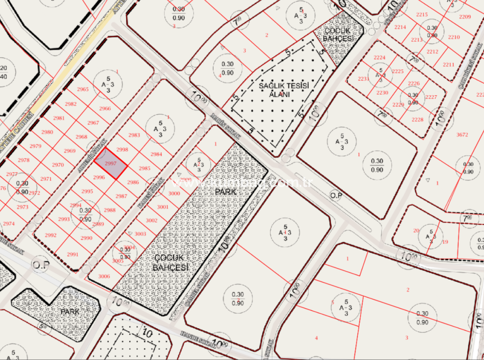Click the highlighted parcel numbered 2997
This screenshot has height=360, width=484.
(x=111, y=164)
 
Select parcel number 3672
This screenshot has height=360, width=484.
(x=462, y=135)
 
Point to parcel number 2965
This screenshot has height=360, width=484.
(x=82, y=89)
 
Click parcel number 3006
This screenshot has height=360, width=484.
(x=104, y=276)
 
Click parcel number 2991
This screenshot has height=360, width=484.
(x=72, y=255)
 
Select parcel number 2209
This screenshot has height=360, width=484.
(x=465, y=17)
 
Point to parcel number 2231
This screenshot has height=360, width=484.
(x=363, y=79)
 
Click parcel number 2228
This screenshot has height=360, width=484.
(x=417, y=120)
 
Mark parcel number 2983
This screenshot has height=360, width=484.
(x=134, y=135)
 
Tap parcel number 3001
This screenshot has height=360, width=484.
(x=163, y=207)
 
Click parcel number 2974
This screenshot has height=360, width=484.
(x=9, y=224)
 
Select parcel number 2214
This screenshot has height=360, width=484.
(x=400, y=27)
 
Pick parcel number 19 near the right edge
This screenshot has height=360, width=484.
(x=445, y=242)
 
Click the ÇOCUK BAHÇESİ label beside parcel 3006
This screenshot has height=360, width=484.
(x=170, y=262)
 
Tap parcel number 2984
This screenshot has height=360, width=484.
(x=156, y=154)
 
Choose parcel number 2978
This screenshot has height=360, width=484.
(x=23, y=160)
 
